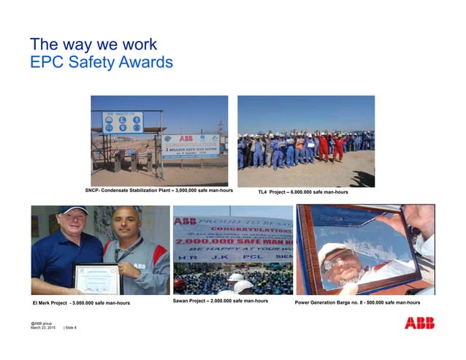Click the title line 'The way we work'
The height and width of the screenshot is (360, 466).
[x=93, y=44]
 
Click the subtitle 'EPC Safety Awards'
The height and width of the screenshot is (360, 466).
[x=101, y=63]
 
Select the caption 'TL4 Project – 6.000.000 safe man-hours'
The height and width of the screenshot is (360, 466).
[x=303, y=192]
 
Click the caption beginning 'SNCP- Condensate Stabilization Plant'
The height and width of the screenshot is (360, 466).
[x=158, y=191]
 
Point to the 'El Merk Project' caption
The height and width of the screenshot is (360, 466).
[x=81, y=302]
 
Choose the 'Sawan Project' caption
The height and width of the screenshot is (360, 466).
[x=221, y=301]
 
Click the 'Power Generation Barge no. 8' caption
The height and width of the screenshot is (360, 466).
[x=357, y=302]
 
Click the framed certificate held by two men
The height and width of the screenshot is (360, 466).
[x=96, y=277]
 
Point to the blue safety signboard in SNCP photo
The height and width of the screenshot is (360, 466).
[x=123, y=123]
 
